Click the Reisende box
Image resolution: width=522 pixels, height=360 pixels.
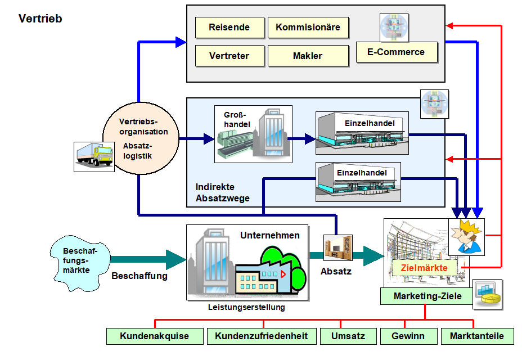(x=229, y=27)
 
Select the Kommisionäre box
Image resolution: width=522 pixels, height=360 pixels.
(x=308, y=27)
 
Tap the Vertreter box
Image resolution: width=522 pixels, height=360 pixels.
(x=229, y=56)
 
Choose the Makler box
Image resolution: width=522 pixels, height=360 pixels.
(x=308, y=56)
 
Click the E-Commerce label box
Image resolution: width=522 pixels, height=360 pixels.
(x=396, y=52)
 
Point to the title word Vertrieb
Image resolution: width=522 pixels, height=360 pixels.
(x=40, y=19)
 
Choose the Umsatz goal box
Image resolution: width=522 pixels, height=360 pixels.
(x=348, y=336)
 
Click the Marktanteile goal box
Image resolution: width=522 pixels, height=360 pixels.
(x=477, y=336)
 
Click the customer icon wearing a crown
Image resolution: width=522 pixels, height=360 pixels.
(x=467, y=236)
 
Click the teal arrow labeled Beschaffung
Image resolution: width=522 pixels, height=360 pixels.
(x=147, y=259)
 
